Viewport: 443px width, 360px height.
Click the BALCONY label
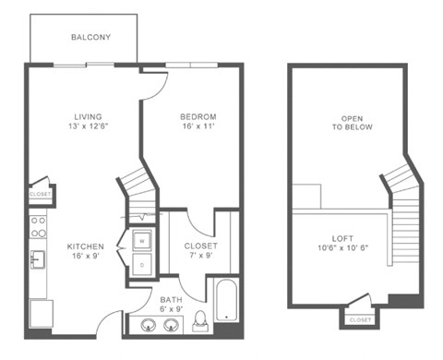[x=91, y=38]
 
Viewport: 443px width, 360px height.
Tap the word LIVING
[x=89, y=116]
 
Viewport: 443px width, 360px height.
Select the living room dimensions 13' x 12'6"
[x=89, y=128]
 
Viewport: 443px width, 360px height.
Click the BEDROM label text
[x=198, y=116]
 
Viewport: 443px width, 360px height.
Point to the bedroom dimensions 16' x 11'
[x=198, y=128]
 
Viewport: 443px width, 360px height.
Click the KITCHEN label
[x=86, y=246]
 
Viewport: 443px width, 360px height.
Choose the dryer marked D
[x=142, y=265]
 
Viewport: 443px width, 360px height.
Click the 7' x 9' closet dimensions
[x=200, y=258]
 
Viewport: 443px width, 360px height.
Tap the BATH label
[x=172, y=299]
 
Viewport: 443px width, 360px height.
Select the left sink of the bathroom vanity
[x=148, y=324]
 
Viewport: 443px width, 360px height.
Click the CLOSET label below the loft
[x=360, y=319]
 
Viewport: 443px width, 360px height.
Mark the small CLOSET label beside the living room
[x=40, y=195]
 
